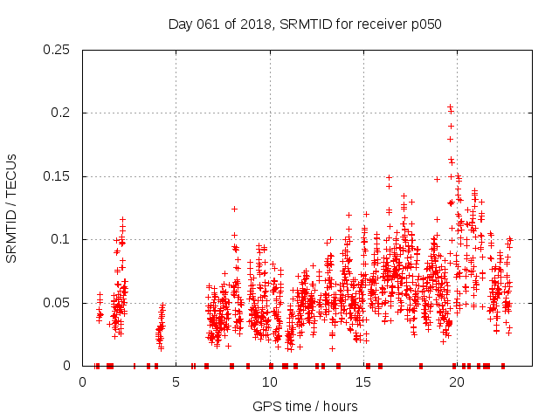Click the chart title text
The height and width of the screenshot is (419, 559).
pos(305,24)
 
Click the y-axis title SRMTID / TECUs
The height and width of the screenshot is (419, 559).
pos(11,208)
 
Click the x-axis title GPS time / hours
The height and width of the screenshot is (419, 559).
pos(305,406)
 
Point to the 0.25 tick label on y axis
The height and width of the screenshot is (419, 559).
pos(58,50)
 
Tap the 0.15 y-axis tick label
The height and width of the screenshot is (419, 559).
pos(58,176)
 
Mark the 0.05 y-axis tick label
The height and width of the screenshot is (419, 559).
pos(58,303)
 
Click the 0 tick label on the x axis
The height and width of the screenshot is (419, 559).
pos(83,382)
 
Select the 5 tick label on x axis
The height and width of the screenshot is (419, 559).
pos(176,382)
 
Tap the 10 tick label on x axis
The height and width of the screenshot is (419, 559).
pos(270,382)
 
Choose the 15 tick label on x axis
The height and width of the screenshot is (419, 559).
pos(363,382)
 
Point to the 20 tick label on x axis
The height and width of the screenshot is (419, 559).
pos(457,382)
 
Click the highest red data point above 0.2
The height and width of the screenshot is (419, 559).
pos(450,107)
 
